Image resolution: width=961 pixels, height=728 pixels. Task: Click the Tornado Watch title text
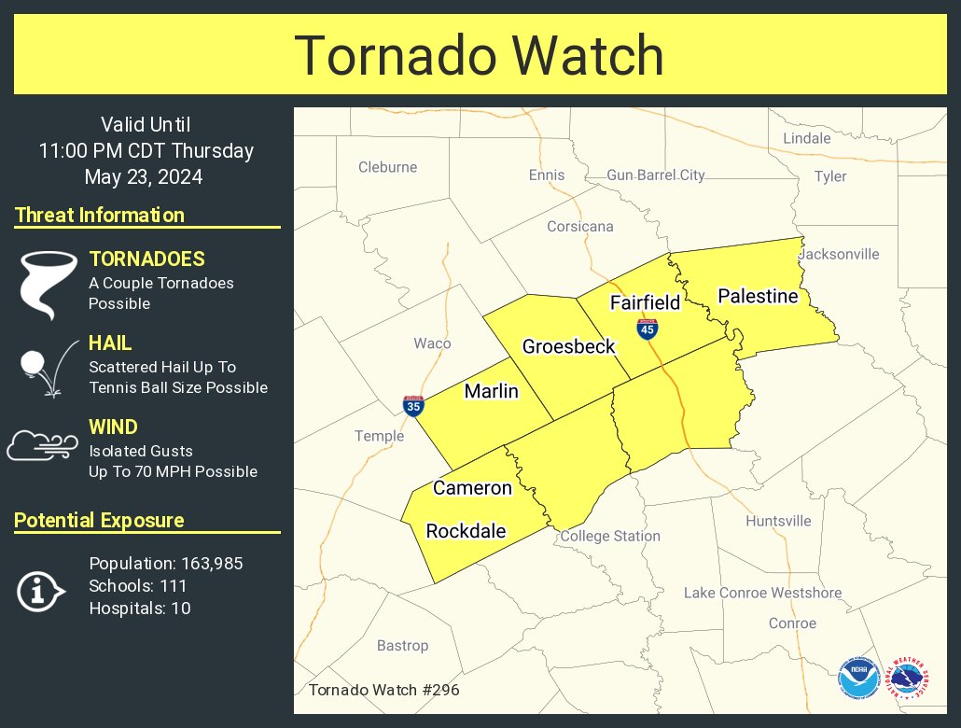tap(480, 56)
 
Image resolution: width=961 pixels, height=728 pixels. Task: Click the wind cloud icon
tap(42, 446)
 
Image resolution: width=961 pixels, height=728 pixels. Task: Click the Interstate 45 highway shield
tap(647, 329)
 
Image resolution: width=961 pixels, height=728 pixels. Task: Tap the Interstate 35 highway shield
tap(413, 405)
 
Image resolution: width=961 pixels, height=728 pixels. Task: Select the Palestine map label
tap(758, 297)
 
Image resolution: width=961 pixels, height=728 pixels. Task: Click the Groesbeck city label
tap(568, 346)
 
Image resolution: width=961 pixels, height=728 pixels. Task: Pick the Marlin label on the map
tap(491, 391)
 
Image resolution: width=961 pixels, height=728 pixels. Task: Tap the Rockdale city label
tap(466, 531)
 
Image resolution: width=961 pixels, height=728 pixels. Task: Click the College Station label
tap(610, 536)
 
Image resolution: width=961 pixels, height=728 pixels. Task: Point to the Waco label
tap(432, 343)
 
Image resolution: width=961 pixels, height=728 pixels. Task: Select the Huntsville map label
tap(778, 521)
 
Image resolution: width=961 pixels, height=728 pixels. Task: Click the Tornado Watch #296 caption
tap(383, 691)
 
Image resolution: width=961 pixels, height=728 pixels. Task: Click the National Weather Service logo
tap(908, 679)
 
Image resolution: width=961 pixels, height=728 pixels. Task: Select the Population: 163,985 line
tap(166, 564)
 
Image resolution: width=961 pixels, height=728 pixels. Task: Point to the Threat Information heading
tap(100, 215)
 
